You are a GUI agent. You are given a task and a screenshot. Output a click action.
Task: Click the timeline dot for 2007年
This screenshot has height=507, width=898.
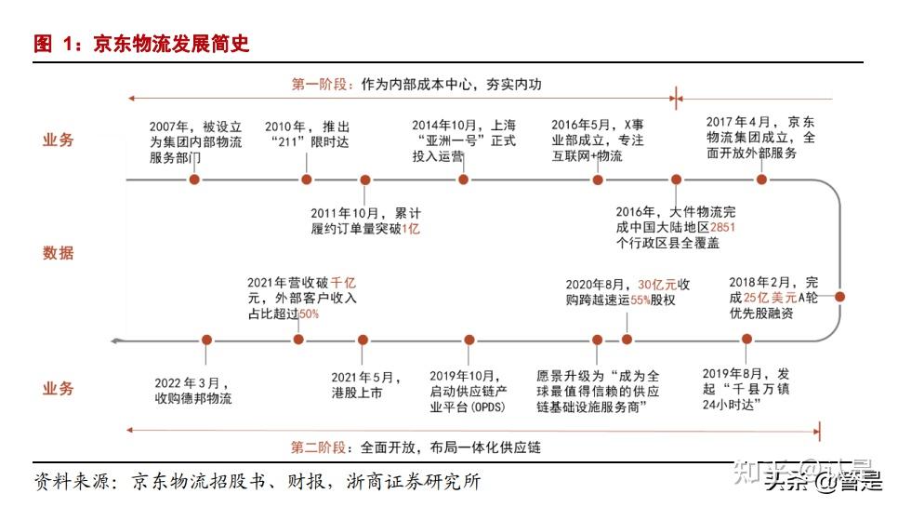coord(194,179)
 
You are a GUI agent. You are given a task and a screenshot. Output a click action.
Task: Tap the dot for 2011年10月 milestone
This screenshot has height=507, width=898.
coord(365,179)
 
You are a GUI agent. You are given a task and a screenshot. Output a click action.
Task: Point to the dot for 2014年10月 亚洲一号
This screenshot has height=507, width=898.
coord(463,179)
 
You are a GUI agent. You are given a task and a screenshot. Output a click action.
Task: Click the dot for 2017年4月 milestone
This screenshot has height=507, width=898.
coord(762,179)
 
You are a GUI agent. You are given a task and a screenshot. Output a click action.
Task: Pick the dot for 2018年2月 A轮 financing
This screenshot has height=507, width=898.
coord(839,297)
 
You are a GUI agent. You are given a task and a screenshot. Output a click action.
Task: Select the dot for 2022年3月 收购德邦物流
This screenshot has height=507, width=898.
coord(206,340)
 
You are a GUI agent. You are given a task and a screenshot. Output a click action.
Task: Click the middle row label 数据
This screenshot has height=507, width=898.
coord(58,252)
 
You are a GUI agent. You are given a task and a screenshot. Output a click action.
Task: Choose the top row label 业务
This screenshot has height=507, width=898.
coord(58,140)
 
